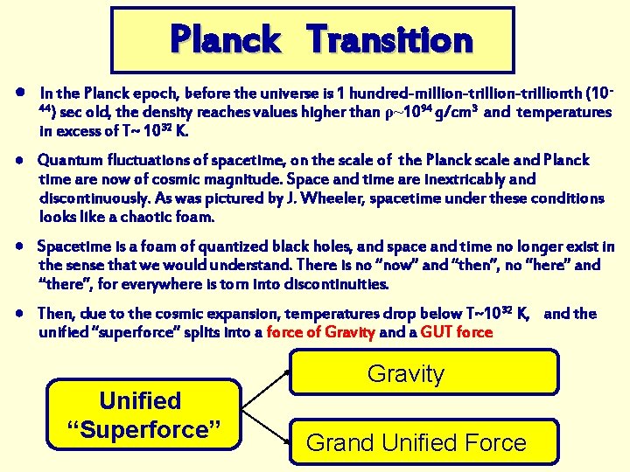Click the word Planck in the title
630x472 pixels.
(225, 39)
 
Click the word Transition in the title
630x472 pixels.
(390, 39)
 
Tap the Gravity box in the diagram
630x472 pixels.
(406, 373)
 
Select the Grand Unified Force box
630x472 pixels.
(416, 442)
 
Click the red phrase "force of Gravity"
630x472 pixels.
(321, 332)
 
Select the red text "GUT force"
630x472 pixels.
(457, 332)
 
